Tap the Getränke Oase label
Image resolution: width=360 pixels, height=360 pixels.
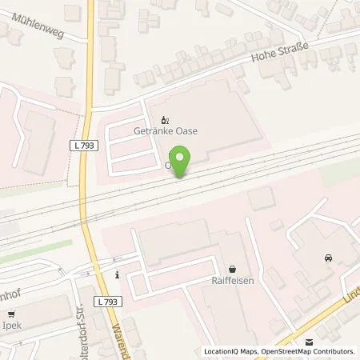tap(168, 131)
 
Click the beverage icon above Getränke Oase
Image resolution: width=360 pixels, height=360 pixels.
tap(168, 119)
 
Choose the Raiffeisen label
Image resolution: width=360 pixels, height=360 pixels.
tap(232, 282)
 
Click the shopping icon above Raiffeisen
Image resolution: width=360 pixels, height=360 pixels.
tap(232, 270)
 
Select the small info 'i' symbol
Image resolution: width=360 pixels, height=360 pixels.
tap(117, 276)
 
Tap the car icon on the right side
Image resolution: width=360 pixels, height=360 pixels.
tap(328, 258)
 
